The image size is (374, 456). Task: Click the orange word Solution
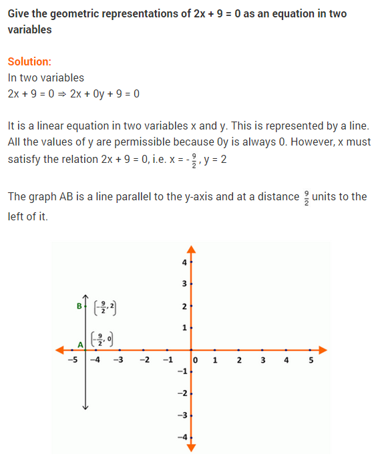(29, 61)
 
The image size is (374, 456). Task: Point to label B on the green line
(79, 306)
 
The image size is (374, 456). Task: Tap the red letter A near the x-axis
(80, 345)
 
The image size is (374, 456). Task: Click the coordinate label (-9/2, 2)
(105, 308)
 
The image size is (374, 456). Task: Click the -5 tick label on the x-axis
(71, 361)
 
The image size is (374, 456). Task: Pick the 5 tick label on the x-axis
(311, 361)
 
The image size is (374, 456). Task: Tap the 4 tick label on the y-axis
(184, 262)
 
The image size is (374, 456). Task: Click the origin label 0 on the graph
(196, 361)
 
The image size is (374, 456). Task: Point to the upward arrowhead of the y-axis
(191, 250)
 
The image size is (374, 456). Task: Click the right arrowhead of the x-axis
(323, 349)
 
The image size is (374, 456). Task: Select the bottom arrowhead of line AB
(85, 407)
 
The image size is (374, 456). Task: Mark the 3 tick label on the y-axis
(184, 284)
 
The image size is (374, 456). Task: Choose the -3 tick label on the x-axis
(119, 361)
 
